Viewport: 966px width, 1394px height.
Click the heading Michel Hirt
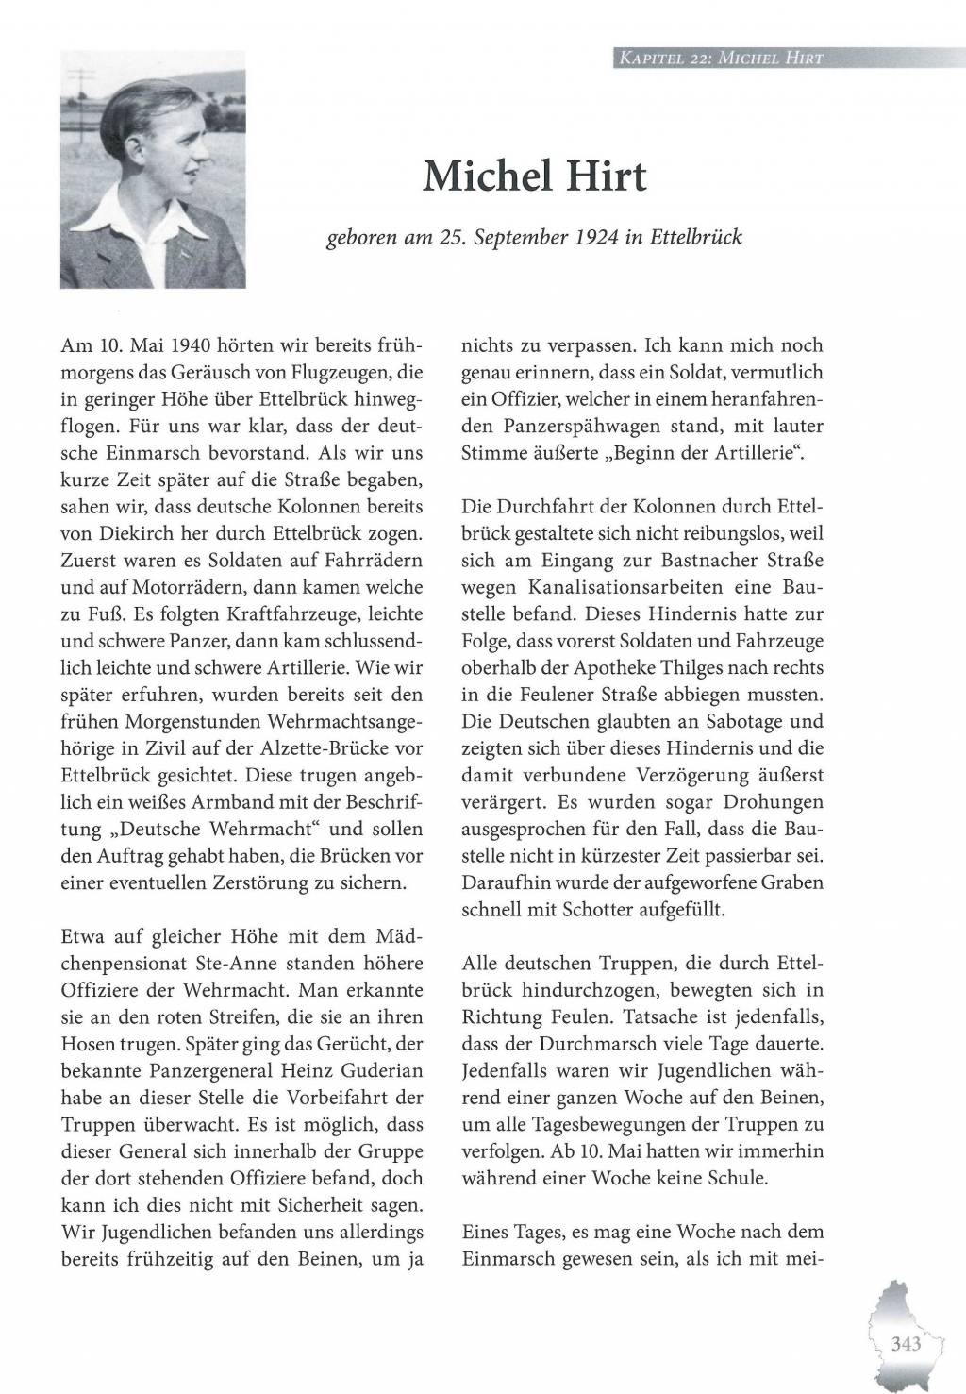coord(535,176)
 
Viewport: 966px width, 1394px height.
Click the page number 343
coord(905,1343)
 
